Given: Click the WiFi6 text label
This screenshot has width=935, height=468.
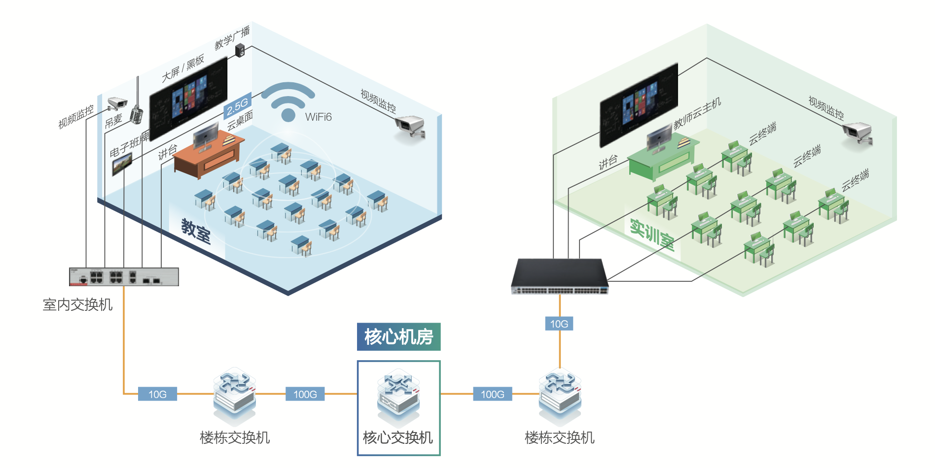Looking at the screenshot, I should tap(318, 117).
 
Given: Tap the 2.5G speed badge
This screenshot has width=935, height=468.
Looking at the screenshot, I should tap(238, 105).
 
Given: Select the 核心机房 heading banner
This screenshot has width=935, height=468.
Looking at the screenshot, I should tap(398, 337).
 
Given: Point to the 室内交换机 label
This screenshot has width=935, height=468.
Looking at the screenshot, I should tap(77, 305).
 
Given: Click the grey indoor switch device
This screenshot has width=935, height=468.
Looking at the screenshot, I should tap(124, 277).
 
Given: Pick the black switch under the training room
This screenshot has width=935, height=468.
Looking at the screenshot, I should tap(560, 276).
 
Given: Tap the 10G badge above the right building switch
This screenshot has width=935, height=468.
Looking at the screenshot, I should tap(559, 324).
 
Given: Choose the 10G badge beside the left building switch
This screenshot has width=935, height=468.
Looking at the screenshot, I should tap(157, 394).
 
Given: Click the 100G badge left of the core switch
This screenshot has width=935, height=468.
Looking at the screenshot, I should tap(305, 394).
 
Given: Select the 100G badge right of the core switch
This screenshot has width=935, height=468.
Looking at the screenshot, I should tap(493, 394).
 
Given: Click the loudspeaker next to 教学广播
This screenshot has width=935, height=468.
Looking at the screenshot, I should tap(240, 50).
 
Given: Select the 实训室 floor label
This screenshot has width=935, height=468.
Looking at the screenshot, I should tap(652, 234).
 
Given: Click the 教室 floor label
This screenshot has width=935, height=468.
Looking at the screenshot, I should tap(196, 231).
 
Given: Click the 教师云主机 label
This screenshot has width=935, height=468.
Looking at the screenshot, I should tap(697, 113).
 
